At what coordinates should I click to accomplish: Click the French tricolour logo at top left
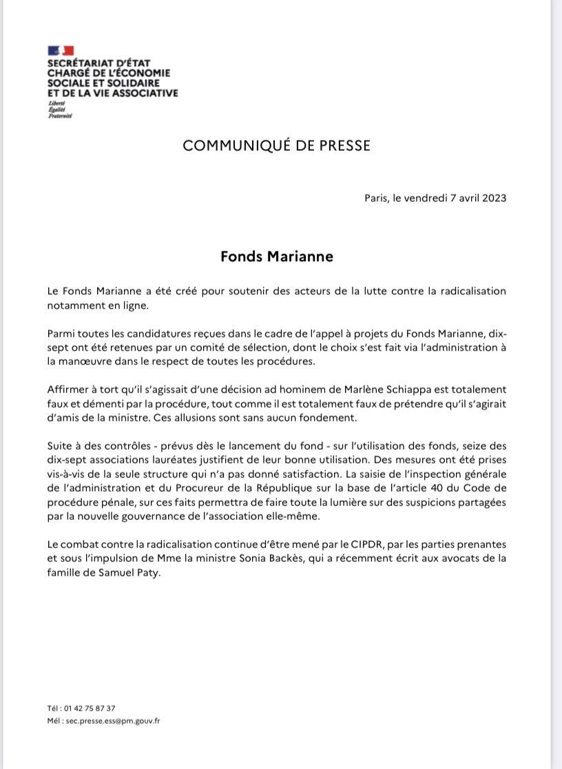[61, 51]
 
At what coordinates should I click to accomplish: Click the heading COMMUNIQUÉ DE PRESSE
[276, 145]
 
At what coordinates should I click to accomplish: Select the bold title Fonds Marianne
[277, 256]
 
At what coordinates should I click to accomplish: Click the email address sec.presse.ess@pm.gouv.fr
[109, 720]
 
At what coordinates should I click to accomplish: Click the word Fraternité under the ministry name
[60, 116]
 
